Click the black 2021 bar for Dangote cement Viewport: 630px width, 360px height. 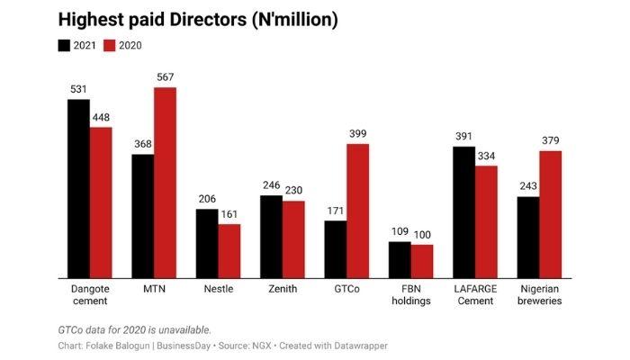tap(78, 188)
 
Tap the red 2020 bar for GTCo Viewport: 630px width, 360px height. tap(357, 211)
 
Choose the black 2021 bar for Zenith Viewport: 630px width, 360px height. tap(271, 236)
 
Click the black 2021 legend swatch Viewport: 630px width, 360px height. tap(65, 45)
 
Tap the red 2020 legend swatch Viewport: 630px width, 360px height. tap(111, 45)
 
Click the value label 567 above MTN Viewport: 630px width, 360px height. tap(165, 77)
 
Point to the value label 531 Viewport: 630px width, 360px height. tap(78, 89)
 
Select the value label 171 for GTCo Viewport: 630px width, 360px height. tap(335, 211)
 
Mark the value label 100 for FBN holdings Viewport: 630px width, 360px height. tap(422, 234)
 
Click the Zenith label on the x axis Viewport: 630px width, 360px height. tap(282, 289)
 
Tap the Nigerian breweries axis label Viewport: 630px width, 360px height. tap(539, 294)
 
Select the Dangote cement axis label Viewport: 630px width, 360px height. tap(90, 294)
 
